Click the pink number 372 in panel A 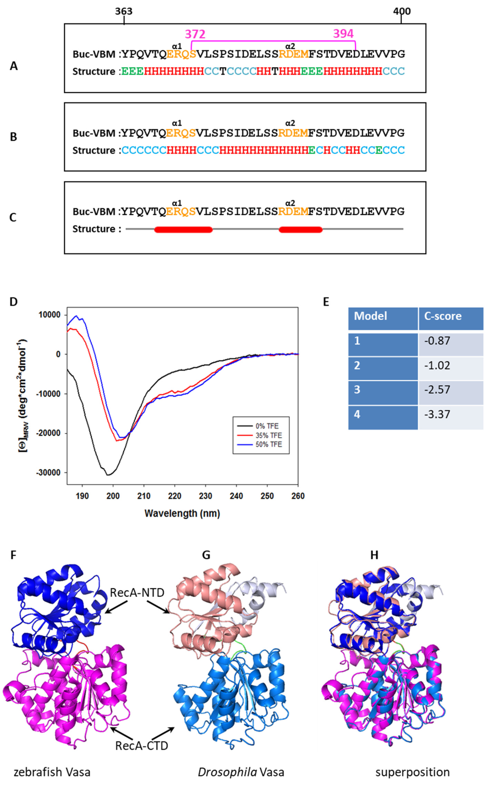pyautogui.click(x=195, y=34)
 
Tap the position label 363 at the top pyautogui.click(x=124, y=11)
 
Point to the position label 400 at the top pyautogui.click(x=402, y=11)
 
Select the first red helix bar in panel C pyautogui.click(x=183, y=230)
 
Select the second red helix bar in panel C pyautogui.click(x=301, y=230)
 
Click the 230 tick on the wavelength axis pyautogui.click(x=205, y=496)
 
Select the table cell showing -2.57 pyautogui.click(x=437, y=390)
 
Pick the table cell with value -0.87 pyautogui.click(x=437, y=341)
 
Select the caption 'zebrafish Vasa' pyautogui.click(x=52, y=772)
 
